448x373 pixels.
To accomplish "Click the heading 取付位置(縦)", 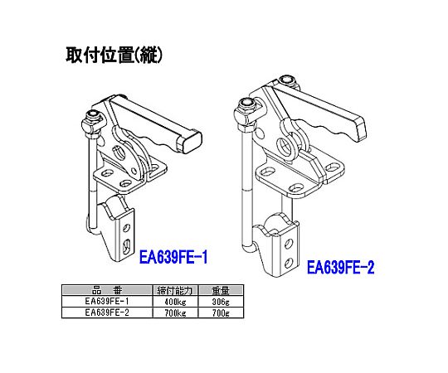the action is (114, 55).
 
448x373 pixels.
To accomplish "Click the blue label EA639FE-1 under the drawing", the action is (173, 258).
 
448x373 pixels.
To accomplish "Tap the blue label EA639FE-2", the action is (341, 268).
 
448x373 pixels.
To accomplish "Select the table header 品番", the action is (107, 290).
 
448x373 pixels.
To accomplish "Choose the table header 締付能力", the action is (175, 290).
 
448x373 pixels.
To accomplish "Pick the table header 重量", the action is (221, 290).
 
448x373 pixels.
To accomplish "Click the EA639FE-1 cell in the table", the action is (107, 301).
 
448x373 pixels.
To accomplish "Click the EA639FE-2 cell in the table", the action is (107, 312).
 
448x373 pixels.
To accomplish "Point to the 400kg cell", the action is (175, 302).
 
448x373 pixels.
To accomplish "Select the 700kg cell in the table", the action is (175, 313).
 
